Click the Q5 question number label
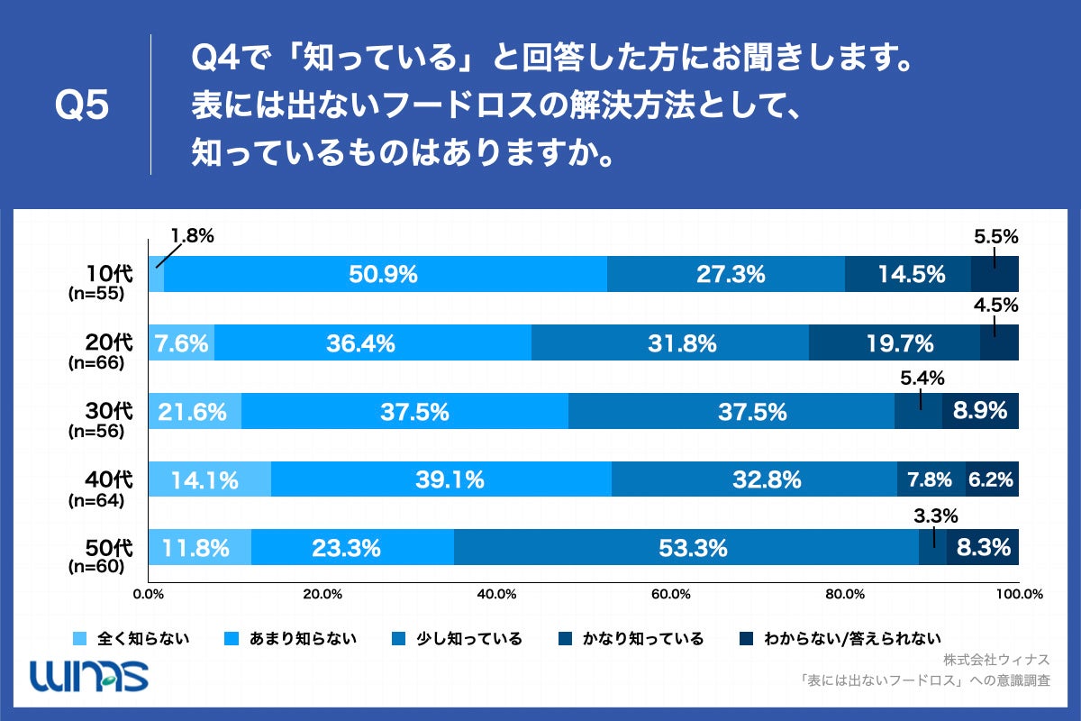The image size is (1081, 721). click(82, 105)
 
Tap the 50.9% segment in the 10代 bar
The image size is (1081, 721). click(385, 275)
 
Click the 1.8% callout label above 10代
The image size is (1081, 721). click(191, 237)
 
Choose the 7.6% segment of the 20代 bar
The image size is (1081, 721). click(181, 343)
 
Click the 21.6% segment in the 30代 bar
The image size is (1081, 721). click(194, 412)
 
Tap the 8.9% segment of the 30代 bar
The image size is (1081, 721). click(981, 412)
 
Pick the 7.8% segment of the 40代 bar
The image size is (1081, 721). click(931, 480)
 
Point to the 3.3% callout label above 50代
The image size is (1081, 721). click(934, 516)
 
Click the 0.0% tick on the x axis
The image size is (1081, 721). click(148, 594)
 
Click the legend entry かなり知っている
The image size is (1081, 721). click(643, 639)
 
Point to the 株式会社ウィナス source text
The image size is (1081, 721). click(997, 659)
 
